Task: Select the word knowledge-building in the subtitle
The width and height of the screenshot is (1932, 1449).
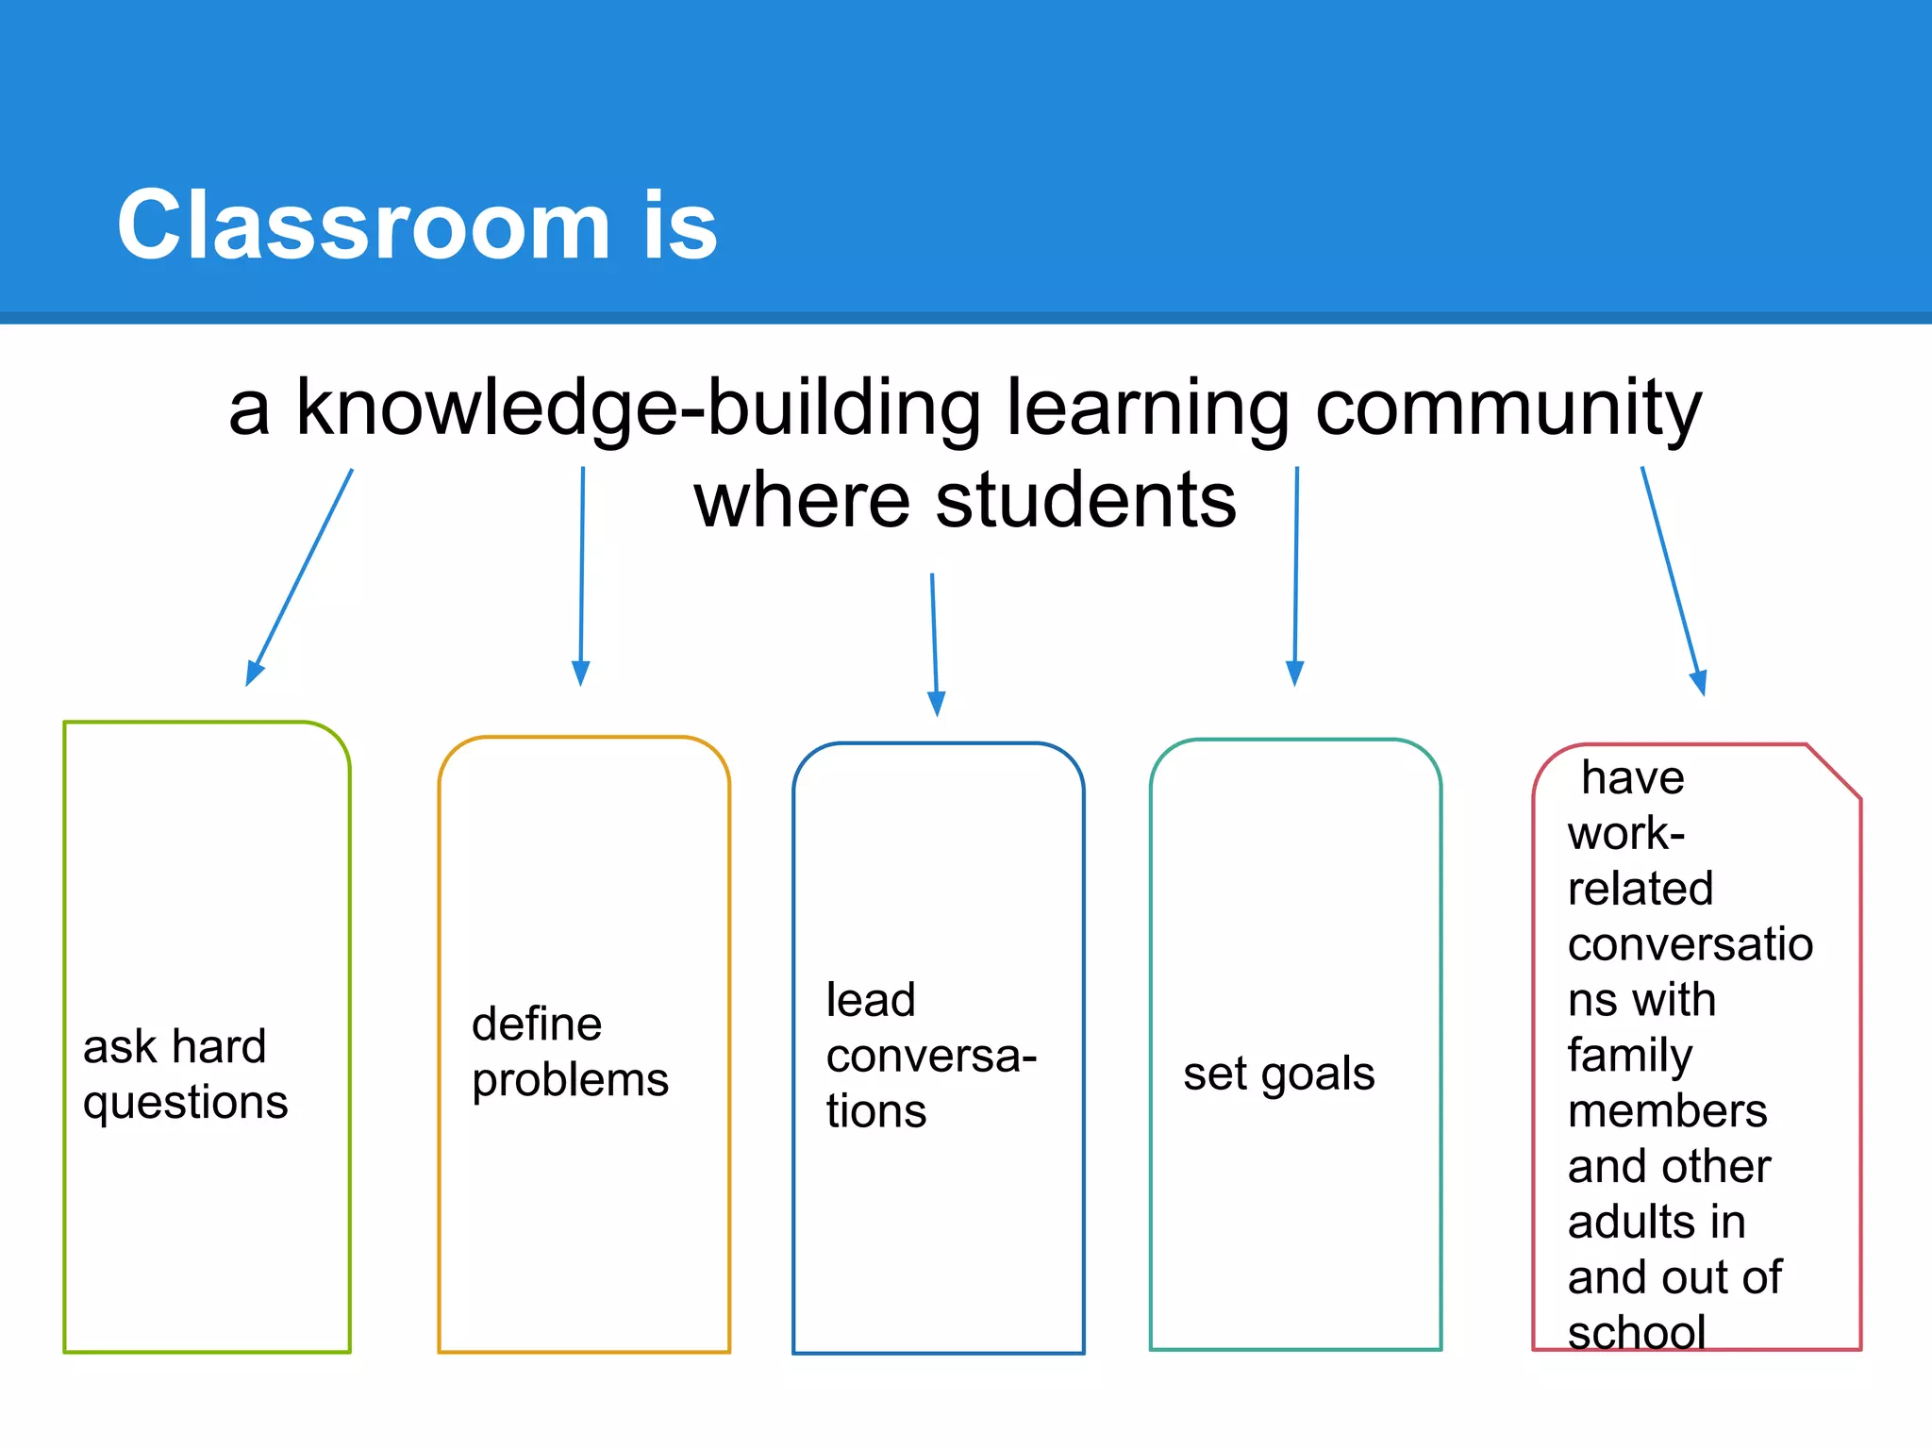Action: (x=638, y=408)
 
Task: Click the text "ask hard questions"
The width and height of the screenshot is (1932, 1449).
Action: (x=185, y=1074)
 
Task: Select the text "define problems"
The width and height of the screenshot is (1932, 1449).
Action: (x=569, y=1051)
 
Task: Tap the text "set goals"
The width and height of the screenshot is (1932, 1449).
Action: (x=1278, y=1073)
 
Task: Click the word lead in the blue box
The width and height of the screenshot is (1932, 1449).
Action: (x=870, y=1000)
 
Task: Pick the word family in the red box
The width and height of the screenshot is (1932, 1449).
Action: (x=1629, y=1055)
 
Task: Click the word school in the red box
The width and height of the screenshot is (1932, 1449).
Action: (x=1636, y=1331)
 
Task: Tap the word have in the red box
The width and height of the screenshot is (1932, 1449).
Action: (x=1632, y=778)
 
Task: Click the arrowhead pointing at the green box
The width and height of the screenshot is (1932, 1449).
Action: (x=253, y=673)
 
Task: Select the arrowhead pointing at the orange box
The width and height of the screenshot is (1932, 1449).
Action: (x=580, y=673)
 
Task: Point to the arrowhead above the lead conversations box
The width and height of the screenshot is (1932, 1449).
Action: (x=937, y=704)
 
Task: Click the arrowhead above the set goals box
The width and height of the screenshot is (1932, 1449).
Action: (x=1294, y=673)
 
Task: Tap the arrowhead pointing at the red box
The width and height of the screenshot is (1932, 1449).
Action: (x=1699, y=682)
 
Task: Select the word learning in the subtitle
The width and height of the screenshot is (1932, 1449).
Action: (x=1146, y=408)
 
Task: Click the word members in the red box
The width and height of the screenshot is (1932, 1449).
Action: (x=1667, y=1110)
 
